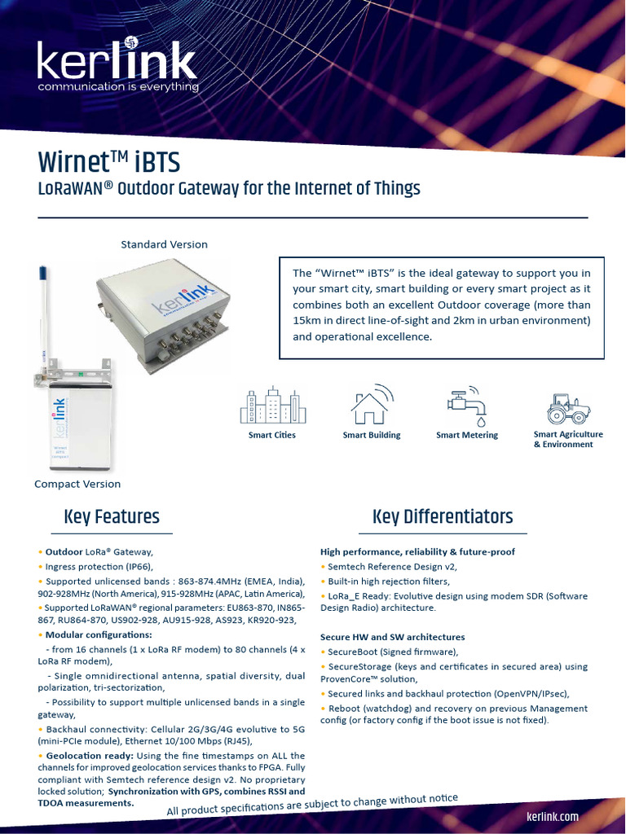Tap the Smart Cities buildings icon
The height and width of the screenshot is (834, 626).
pos(272,405)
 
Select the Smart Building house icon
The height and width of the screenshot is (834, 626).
pos(372,405)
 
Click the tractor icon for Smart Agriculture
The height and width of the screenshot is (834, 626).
pos(568,408)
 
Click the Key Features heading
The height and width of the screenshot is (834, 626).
pos(112,516)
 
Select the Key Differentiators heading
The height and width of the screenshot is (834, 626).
pos(443,516)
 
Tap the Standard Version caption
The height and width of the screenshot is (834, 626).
pos(164,244)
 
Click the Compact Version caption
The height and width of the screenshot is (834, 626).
pos(77,484)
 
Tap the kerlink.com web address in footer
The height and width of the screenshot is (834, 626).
pos(552,816)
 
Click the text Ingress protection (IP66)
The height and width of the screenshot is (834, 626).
pos(99,566)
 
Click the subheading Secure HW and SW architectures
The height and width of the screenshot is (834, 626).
pos(392,637)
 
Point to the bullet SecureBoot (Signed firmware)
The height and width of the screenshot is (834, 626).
pos(393,652)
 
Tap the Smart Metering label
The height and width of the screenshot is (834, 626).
pos(467,435)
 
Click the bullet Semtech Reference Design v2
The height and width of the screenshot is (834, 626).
pos(392,566)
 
